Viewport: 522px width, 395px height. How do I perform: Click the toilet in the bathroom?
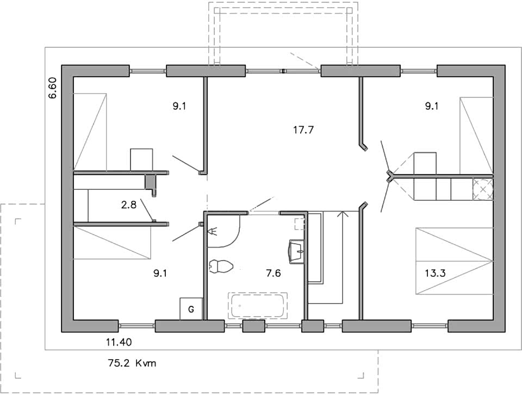(221, 267)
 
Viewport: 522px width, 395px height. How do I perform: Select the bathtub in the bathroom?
(258, 305)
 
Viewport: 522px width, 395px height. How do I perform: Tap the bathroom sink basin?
(297, 251)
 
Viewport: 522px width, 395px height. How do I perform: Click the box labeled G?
(191, 309)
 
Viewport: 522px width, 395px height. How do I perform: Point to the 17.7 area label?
(303, 130)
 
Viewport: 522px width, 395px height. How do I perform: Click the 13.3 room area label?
(435, 273)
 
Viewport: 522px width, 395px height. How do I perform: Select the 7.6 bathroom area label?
(274, 274)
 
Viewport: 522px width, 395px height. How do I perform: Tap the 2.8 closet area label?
(128, 205)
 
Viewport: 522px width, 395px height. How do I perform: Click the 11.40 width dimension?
(119, 342)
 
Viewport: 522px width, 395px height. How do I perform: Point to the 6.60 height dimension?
(53, 88)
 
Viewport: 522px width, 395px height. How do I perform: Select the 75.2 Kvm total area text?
(132, 363)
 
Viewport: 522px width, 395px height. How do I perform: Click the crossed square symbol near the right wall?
(483, 189)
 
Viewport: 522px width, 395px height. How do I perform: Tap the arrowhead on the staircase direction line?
(342, 214)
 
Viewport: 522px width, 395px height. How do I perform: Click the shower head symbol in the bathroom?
(212, 231)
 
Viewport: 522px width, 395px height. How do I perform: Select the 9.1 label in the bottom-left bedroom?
(160, 274)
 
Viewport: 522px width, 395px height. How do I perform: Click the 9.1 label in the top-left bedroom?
(179, 106)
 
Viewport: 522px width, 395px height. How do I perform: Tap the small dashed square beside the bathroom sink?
(300, 224)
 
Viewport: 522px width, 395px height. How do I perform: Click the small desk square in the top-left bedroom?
(141, 160)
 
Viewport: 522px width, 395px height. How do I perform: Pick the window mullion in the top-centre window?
(283, 71)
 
